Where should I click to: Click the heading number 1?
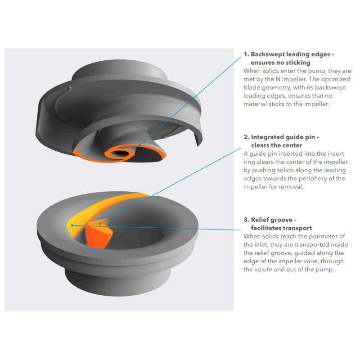246,54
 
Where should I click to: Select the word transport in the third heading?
298,228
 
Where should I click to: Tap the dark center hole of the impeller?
120,153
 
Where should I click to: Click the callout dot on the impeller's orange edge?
139,145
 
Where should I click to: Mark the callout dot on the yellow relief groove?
72,225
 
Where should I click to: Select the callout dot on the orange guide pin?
99,224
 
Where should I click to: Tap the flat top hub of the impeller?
120,70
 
